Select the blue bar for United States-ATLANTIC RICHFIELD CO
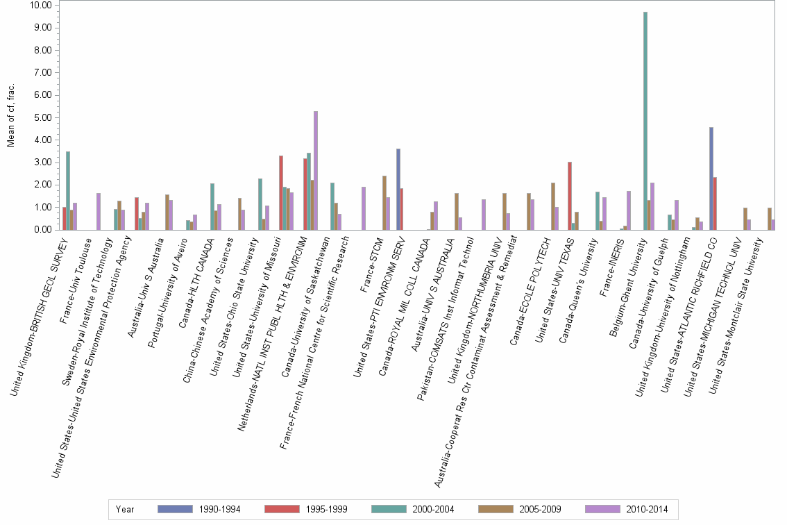711,178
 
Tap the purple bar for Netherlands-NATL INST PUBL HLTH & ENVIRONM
316,170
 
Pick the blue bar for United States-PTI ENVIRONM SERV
398,189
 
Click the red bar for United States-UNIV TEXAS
570,195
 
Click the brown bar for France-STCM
384,202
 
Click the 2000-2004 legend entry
414,509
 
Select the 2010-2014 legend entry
627,509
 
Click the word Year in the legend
126,509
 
